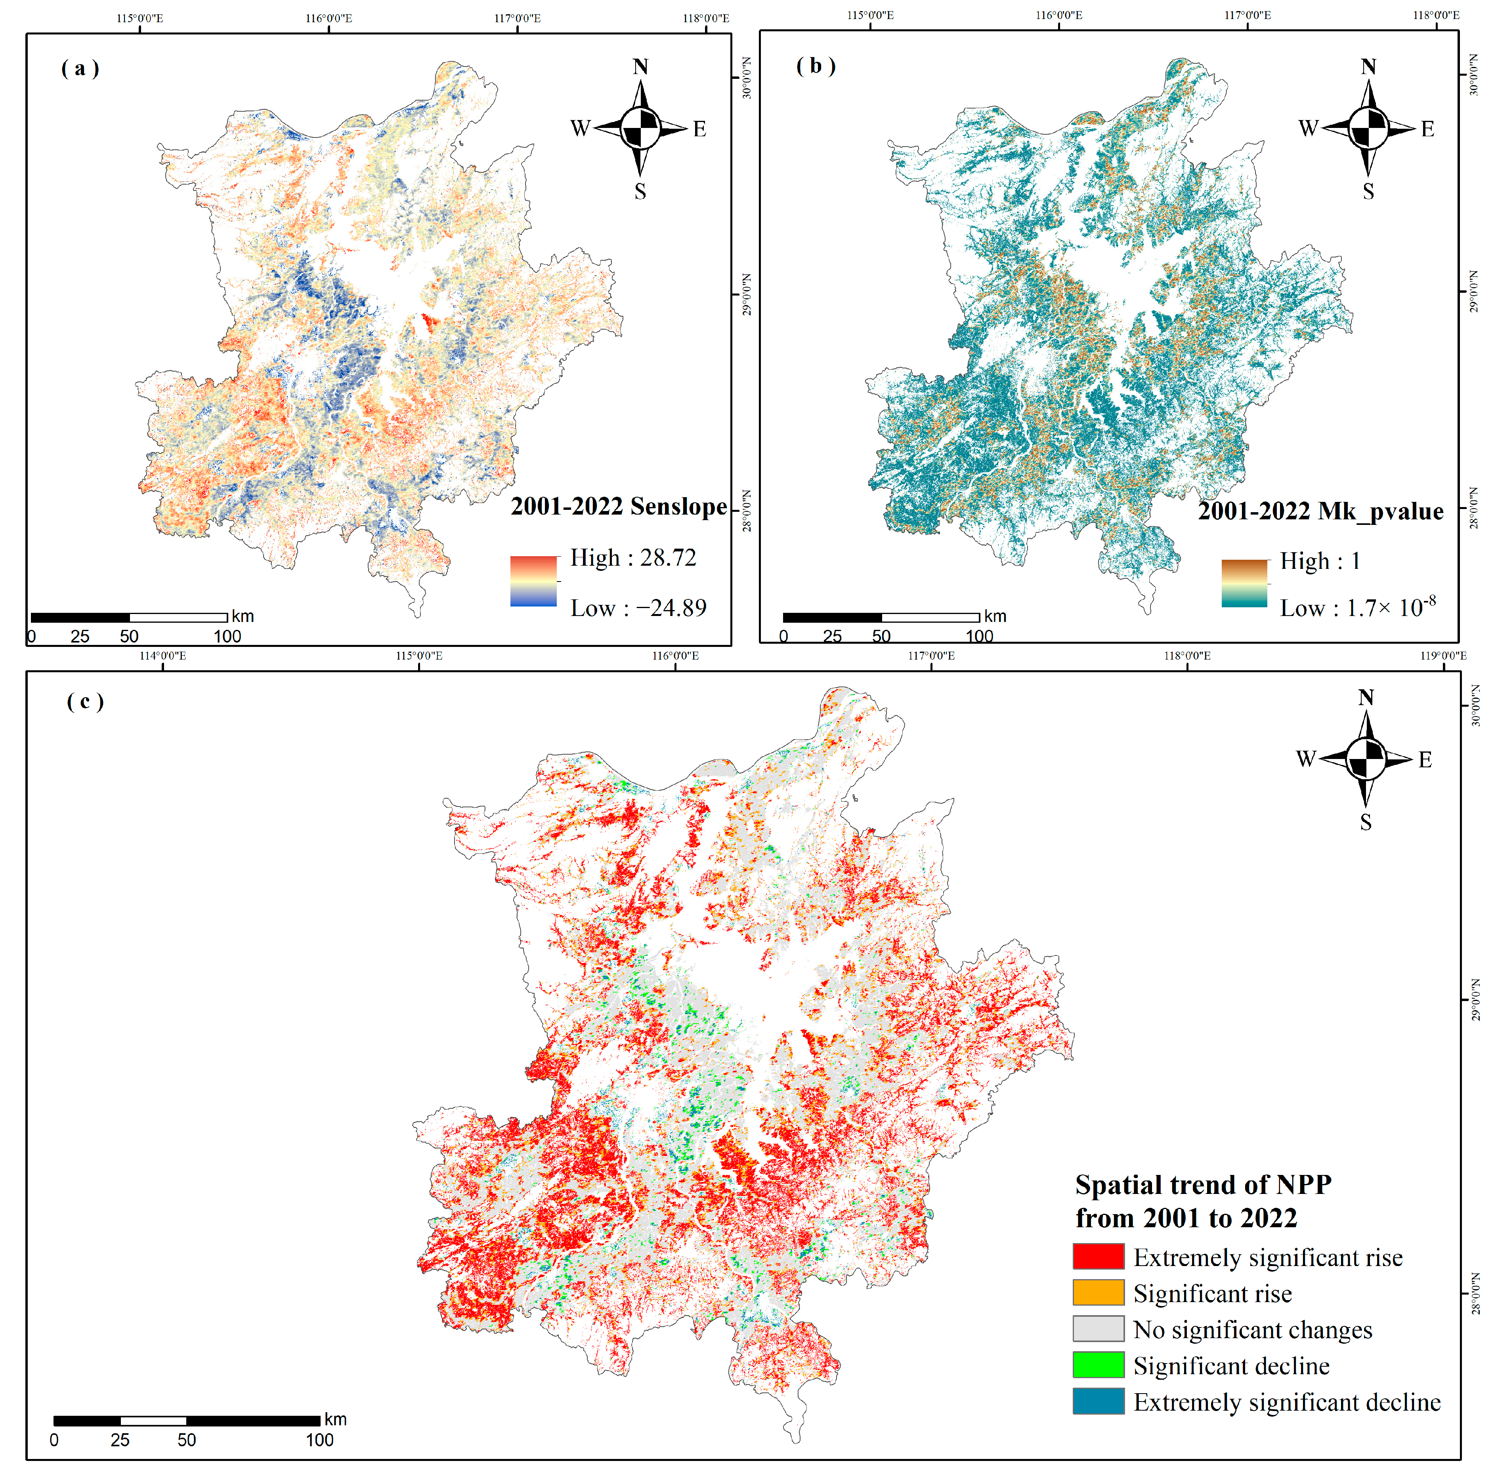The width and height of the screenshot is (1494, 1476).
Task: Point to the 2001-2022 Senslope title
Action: click(x=619, y=506)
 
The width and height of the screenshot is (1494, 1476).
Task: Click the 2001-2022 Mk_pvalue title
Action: click(x=1320, y=511)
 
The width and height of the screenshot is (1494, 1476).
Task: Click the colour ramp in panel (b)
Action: click(x=1244, y=583)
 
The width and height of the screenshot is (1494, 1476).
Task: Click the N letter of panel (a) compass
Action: click(x=640, y=67)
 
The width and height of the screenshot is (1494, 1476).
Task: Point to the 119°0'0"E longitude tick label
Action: click(x=1443, y=656)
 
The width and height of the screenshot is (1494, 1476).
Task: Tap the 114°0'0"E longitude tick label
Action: click(x=162, y=656)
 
